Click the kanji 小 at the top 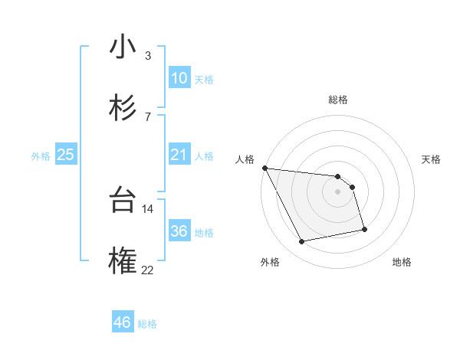click(x=123, y=47)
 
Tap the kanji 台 click(x=123, y=201)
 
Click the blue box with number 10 click(x=179, y=78)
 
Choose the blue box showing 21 click(x=179, y=155)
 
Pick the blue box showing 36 click(x=179, y=231)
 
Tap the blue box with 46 click(x=123, y=322)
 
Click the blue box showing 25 click(x=65, y=155)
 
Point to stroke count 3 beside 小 click(x=147, y=55)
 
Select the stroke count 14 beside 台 click(x=147, y=208)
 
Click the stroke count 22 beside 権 click(x=147, y=270)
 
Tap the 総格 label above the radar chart click(x=337, y=100)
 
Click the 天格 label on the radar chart click(x=431, y=159)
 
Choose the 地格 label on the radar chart click(x=402, y=262)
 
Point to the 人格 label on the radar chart click(x=245, y=159)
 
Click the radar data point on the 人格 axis click(x=264, y=168)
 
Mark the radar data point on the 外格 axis click(x=302, y=242)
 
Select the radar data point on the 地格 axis click(x=364, y=229)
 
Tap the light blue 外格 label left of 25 click(x=41, y=155)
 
